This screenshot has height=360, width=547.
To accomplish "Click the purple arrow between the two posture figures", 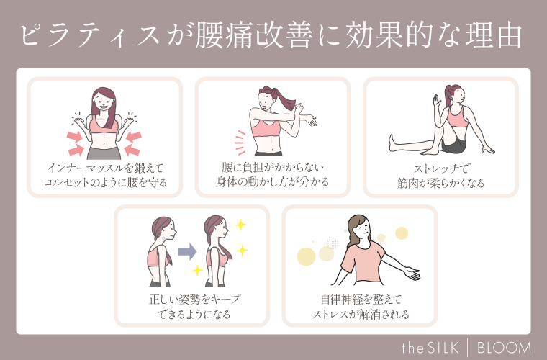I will point(187,251).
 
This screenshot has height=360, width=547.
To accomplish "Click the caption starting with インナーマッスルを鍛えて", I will point(105,175).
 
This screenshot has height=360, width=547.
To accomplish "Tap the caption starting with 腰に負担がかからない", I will point(273,175).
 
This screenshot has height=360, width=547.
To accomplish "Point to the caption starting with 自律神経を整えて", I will point(361,306).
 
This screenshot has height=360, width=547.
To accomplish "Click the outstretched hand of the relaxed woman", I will point(412,274).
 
